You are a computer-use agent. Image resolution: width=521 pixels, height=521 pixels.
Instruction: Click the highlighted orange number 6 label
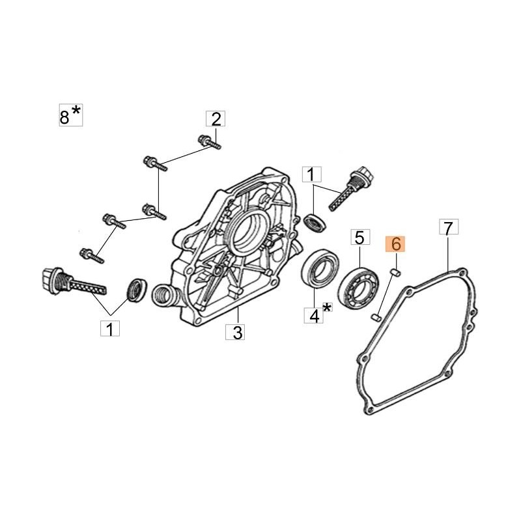coord(395,244)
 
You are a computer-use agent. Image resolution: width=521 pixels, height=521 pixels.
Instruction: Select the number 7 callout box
coord(449,227)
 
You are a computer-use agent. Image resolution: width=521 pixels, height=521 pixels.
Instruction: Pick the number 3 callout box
coord(235,331)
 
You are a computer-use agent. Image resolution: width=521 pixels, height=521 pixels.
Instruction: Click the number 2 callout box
coord(216,119)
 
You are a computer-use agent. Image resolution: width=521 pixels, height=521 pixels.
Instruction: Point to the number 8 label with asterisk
coord(71,115)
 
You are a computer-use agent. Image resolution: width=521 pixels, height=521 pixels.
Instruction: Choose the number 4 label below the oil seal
coord(314,315)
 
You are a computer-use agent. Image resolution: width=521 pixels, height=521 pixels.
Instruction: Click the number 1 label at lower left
coord(110,328)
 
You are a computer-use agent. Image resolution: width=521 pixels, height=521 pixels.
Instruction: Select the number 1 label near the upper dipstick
coord(312,174)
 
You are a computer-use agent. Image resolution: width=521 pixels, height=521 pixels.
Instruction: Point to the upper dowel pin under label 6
coord(396,273)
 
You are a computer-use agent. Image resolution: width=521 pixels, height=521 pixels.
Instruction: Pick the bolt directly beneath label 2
coord(209,143)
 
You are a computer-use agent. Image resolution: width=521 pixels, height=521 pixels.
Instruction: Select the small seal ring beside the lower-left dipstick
coord(137,290)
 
